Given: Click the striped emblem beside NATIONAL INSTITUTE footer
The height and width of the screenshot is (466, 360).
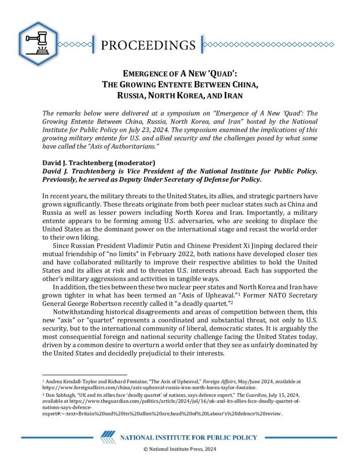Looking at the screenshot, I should (x=108, y=438).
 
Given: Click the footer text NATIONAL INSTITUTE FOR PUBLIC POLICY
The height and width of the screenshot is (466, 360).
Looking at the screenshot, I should (x=188, y=438).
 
